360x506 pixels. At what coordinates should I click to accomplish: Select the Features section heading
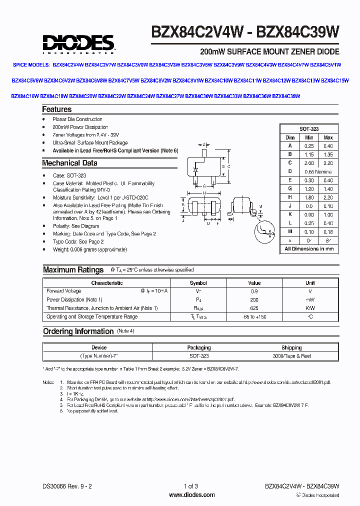click(57, 109)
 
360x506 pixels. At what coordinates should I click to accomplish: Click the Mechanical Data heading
click(69, 163)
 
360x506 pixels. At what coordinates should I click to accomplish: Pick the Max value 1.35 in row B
click(328, 154)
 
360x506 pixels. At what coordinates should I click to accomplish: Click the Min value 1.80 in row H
click(309, 197)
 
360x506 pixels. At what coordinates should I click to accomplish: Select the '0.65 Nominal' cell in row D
click(318, 171)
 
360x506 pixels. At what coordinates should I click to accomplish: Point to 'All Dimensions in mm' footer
click(309, 248)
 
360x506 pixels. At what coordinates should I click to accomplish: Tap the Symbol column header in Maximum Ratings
click(198, 283)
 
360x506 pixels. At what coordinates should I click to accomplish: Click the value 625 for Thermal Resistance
click(254, 308)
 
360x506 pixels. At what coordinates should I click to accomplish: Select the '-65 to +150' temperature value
click(254, 317)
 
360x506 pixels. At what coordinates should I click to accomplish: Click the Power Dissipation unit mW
click(310, 300)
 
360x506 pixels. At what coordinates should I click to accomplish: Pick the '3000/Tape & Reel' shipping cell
click(291, 356)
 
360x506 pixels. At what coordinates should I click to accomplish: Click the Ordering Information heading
click(78, 331)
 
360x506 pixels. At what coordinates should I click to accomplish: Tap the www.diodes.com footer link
click(192, 494)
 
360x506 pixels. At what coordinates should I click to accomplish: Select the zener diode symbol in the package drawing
click(194, 170)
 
